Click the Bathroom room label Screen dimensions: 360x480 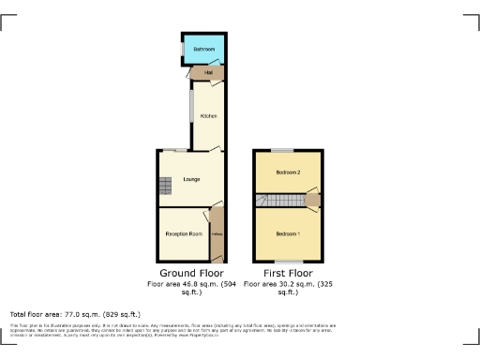pos(203,49)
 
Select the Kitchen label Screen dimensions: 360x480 pos(208,115)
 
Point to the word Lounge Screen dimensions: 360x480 pos(191,178)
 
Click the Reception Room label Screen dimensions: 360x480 pos(184,232)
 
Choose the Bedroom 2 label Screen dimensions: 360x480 pos(287,173)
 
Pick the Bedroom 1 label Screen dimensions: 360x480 pos(287,232)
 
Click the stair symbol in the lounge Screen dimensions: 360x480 pos(165,187)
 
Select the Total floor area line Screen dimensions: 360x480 pos(75,314)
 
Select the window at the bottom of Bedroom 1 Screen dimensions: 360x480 pos(286,261)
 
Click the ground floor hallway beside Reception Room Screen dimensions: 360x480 pos(217,234)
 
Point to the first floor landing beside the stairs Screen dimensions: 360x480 pos(312,200)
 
